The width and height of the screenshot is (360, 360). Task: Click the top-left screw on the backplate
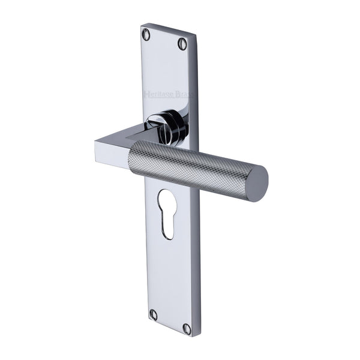click(146, 33)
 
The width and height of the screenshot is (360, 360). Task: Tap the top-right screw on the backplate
click(182, 43)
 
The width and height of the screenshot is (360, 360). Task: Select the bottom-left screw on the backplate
click(153, 314)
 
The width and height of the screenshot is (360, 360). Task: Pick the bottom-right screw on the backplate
click(187, 329)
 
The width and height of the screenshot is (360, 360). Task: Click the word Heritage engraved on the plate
click(155, 93)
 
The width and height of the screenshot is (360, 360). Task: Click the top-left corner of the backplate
click(142, 25)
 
